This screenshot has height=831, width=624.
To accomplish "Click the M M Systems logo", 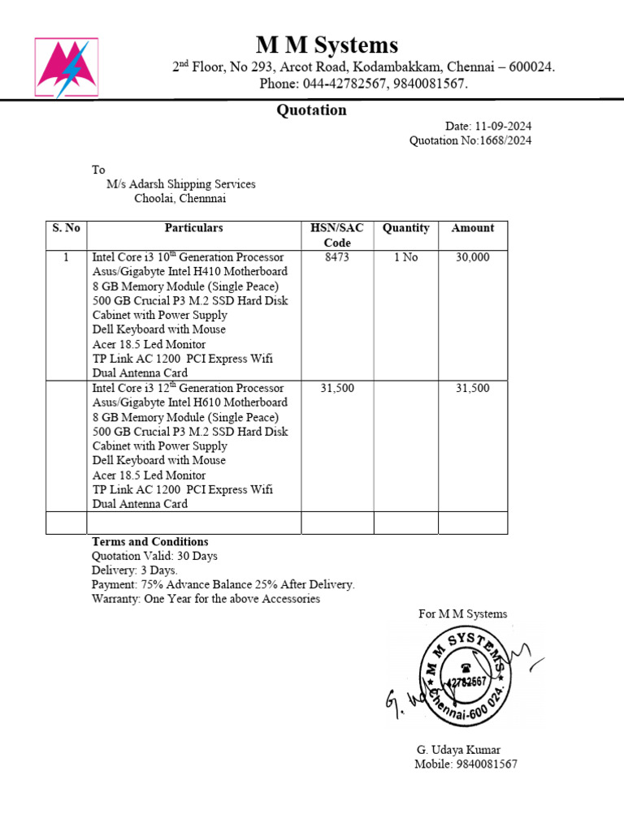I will (x=67, y=67).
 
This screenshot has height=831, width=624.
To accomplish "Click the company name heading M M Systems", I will (x=327, y=45).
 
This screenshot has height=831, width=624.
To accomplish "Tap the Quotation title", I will (x=311, y=110).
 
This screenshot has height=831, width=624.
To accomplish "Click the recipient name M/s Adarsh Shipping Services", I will (x=181, y=184).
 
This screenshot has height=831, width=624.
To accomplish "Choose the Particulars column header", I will (x=193, y=228).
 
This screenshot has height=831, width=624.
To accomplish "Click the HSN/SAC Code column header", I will (x=336, y=235).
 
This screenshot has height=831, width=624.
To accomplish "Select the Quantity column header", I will (x=405, y=228).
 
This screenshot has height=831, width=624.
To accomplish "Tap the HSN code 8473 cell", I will (x=336, y=257).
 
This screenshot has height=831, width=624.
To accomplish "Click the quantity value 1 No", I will (x=405, y=257).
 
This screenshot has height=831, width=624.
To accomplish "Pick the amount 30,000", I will (x=472, y=257).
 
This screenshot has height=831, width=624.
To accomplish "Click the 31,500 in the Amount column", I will (x=472, y=389).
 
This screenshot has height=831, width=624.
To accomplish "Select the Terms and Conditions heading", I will (x=149, y=541).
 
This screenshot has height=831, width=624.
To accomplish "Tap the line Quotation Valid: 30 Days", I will (x=154, y=556).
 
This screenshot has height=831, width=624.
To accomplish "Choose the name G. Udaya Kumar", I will (x=457, y=750).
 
